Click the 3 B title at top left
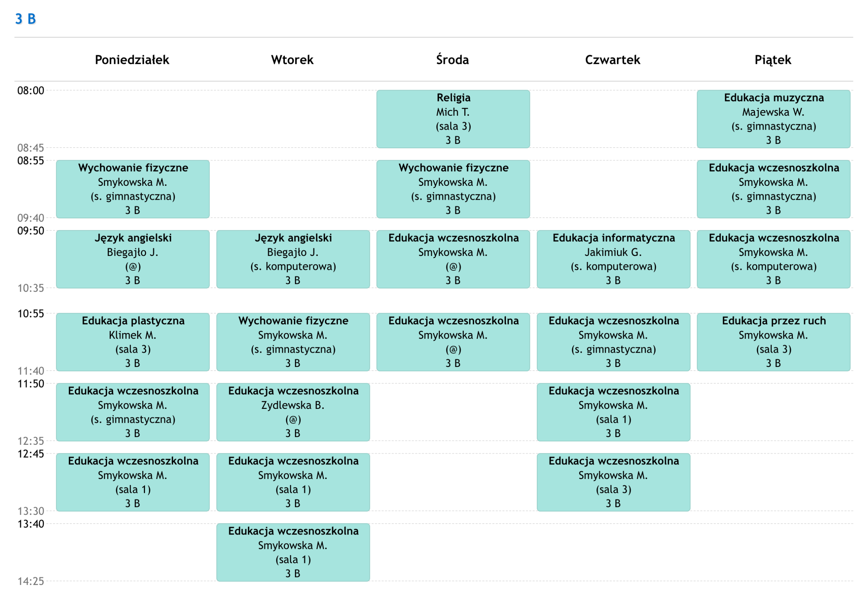pos(25,19)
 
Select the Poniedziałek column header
pos(132,60)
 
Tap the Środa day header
pos(452,59)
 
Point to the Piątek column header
pos(773,60)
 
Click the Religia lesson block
pos(453,119)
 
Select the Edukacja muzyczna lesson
pos(774,119)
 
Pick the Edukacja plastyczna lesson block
pos(133,342)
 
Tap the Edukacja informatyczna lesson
pos(614,259)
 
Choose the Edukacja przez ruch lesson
pos(774,342)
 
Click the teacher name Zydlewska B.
pos(293,405)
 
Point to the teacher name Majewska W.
pos(774,112)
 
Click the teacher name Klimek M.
pos(132,335)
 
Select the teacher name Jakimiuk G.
pos(613,253)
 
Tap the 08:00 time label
pos(30,91)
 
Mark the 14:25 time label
pos(30,581)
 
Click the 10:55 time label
pos(30,313)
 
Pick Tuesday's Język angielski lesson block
pos(293,259)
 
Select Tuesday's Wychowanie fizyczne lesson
pos(293,342)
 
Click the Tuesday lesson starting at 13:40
pos(293,552)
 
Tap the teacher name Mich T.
pos(453,112)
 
